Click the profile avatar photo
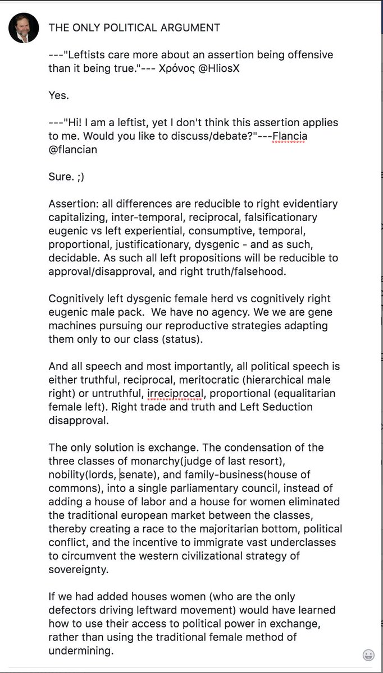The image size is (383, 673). point(24,27)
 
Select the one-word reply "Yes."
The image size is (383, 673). point(59,95)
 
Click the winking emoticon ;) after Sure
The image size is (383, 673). point(81,176)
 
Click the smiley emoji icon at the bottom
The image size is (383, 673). point(368,655)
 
